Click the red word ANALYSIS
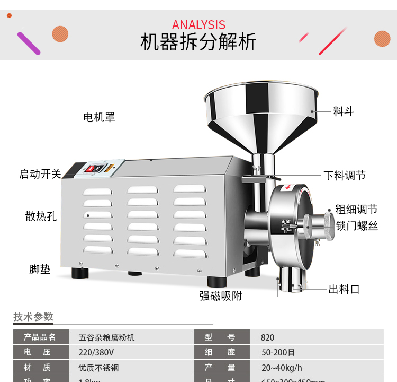pos(198,25)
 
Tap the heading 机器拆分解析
pos(198,42)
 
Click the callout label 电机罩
pos(99,117)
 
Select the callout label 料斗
pos(344,111)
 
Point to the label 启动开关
pos(40,174)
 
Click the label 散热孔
pos(41,216)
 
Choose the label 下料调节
pos(345,176)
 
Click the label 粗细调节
pos(356,210)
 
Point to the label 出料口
pos(344,289)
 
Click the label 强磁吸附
pos(221,296)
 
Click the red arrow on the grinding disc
pos(288,187)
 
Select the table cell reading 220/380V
pos(96,352)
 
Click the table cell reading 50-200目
pos(278,352)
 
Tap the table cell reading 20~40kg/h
pos(282,368)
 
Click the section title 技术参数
pos(33,317)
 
